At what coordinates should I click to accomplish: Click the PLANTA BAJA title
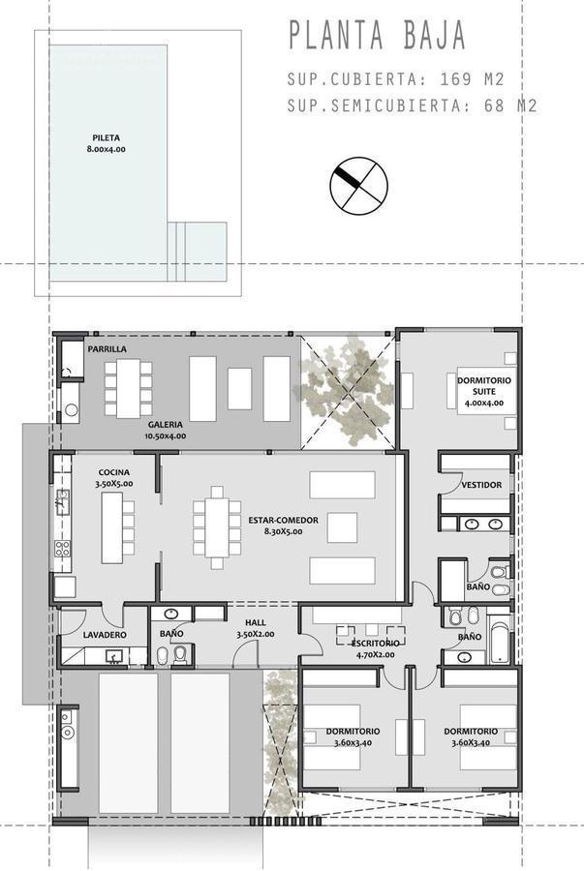coord(378,35)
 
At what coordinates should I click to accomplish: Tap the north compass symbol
coord(358,184)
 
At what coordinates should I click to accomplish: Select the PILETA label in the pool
coord(107,137)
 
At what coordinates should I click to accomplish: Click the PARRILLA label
coord(107,348)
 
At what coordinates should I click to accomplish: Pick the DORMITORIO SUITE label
coord(484,386)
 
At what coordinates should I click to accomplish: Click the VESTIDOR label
coord(481,484)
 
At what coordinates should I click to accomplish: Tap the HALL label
coord(256,623)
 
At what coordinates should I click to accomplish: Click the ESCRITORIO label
coord(372,643)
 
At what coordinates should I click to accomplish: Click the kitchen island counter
coord(112,527)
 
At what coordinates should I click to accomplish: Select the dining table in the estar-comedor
coord(218,532)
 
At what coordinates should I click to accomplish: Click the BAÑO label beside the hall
coord(172,634)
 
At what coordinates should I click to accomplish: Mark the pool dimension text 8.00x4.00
coord(107,150)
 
